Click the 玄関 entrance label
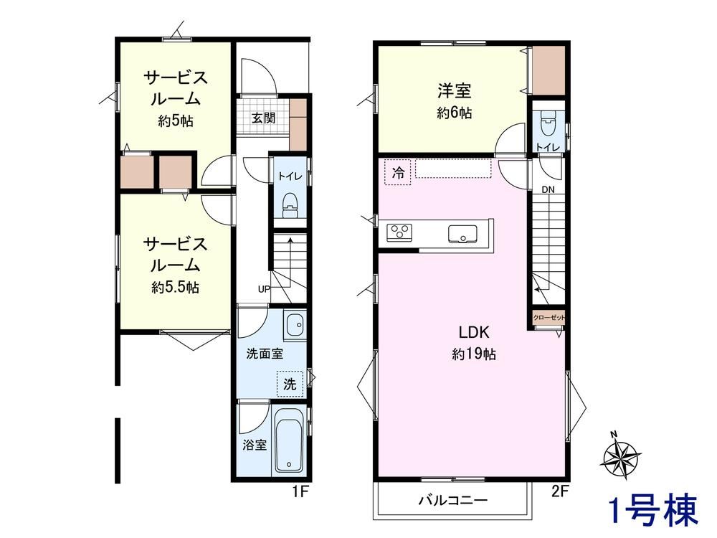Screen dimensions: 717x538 point(264,118)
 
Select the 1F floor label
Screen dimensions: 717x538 point(301,492)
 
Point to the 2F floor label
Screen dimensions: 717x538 point(560,491)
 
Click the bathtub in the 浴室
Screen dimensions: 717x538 point(289,440)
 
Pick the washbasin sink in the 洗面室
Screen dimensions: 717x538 point(295,325)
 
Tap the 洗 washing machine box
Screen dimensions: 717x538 point(290,384)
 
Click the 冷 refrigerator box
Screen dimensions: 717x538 point(398,172)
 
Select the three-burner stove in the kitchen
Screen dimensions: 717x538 point(399,232)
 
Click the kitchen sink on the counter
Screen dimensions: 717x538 point(462,233)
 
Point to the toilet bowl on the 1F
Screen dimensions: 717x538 point(290,205)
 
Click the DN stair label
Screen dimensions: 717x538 point(549,189)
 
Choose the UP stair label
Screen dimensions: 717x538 point(264,289)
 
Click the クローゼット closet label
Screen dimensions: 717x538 point(549,318)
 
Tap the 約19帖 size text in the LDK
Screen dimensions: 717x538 point(474,354)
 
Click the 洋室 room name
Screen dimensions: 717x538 point(454,91)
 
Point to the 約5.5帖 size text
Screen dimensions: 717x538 point(176,288)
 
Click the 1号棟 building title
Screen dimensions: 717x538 point(655,509)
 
